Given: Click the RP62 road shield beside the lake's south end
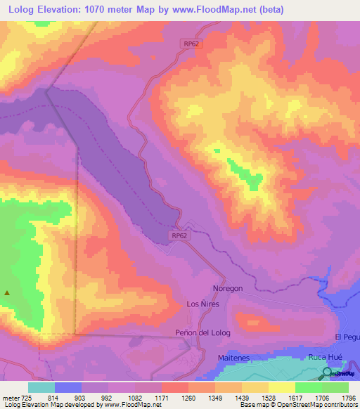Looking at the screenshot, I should (179, 237).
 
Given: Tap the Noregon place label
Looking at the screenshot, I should (227, 289).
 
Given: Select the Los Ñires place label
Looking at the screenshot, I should (203, 304).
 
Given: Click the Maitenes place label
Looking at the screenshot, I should (233, 358).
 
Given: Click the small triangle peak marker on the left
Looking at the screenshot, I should (8, 292).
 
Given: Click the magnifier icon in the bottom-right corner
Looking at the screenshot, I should (328, 373).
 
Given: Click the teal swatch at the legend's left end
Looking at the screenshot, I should (41, 387).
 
